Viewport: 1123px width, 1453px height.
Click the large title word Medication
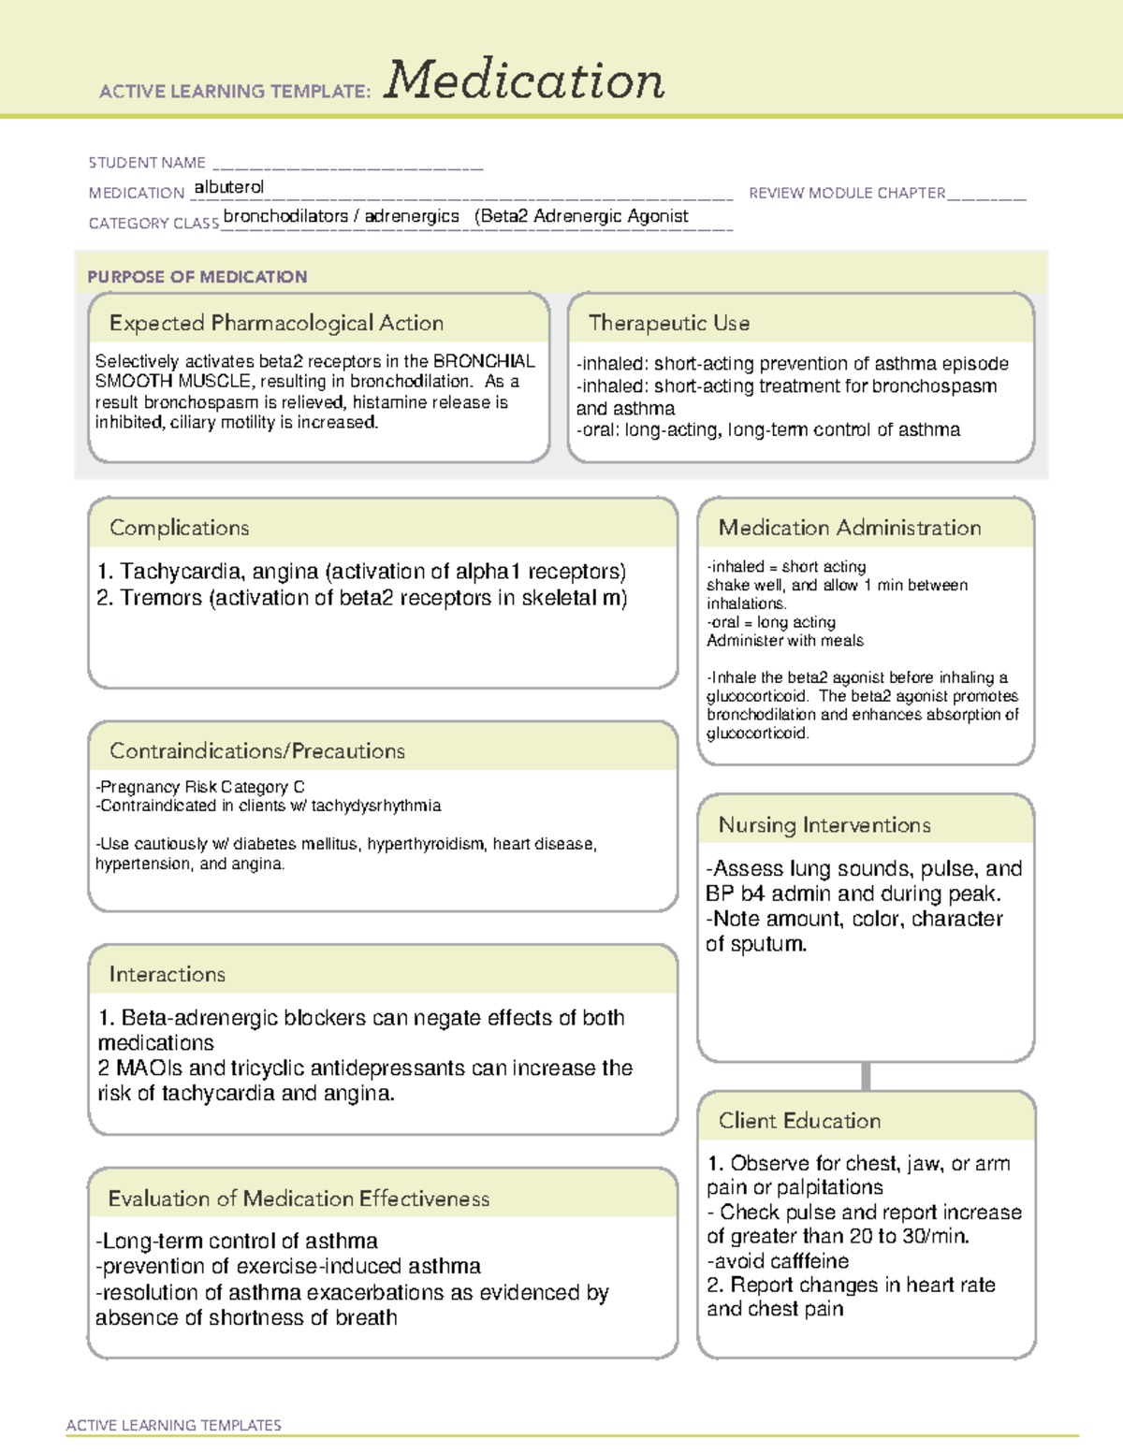(x=524, y=80)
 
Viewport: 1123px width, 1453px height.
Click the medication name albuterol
(x=229, y=187)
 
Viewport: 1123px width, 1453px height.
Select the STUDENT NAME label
(x=147, y=163)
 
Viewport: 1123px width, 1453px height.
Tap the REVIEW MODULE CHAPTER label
(x=847, y=193)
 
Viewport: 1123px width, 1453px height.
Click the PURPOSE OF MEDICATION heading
(x=197, y=277)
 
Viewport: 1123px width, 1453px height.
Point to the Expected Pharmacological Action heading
(x=276, y=323)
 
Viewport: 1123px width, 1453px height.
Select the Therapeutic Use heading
(x=669, y=323)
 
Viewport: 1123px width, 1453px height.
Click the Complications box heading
(x=180, y=528)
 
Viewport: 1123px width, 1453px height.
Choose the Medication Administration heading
(x=850, y=528)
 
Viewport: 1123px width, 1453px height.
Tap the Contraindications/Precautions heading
(x=257, y=751)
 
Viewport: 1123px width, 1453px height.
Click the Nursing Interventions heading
(x=824, y=825)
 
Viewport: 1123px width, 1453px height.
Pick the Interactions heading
(x=168, y=975)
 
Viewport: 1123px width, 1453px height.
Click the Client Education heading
(x=799, y=1121)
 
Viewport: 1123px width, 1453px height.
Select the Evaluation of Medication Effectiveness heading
(x=299, y=1199)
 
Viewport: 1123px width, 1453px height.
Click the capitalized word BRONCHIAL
(x=484, y=361)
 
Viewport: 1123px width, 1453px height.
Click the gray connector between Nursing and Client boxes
(x=866, y=1076)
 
